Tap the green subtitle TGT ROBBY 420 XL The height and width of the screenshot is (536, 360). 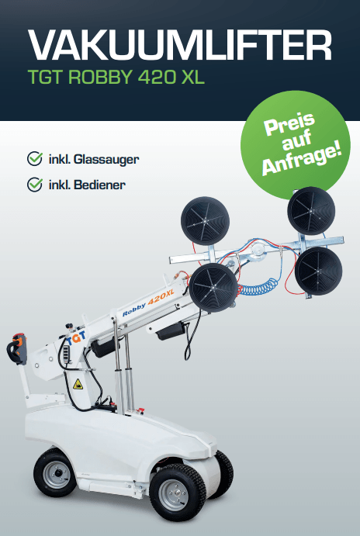pos(116,78)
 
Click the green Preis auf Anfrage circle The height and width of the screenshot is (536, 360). pos(296,144)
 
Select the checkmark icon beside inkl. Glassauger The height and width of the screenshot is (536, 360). pos(35,158)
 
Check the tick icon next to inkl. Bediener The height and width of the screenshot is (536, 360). pos(35,185)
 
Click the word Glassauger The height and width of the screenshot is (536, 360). pos(106,160)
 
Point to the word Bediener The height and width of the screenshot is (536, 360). pos(99,185)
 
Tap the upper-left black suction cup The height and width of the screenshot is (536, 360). pos(205,220)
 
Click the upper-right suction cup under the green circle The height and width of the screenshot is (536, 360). pos(311,210)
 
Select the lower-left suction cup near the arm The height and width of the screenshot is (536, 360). pos(213,288)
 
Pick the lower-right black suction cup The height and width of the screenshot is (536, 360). pos(318,271)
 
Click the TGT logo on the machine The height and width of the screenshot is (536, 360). pos(76,337)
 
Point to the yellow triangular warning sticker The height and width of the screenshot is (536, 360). pos(78,384)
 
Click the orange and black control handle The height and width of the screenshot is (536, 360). pos(17,348)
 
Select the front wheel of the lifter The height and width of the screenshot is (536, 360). pos(178,492)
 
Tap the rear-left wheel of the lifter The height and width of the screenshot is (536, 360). pos(55,472)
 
